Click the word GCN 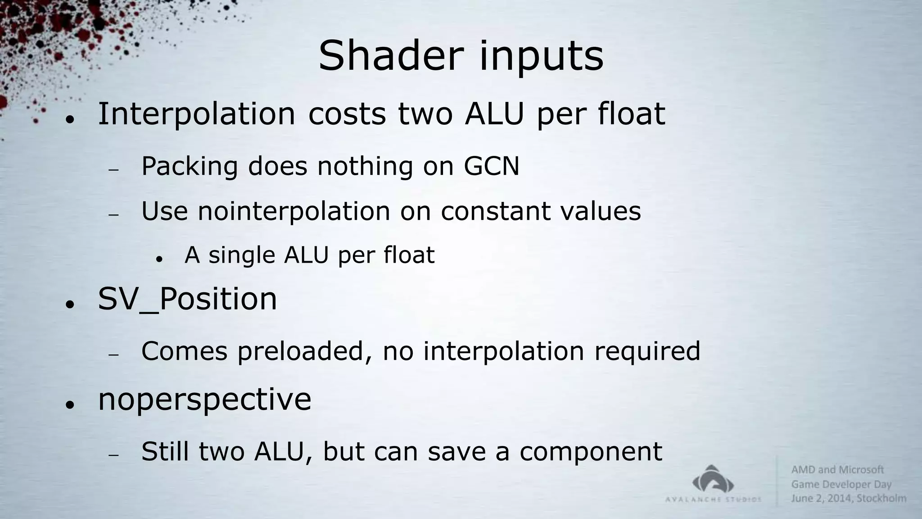pyautogui.click(x=492, y=166)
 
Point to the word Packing pyautogui.click(x=190, y=167)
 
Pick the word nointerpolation pyautogui.click(x=294, y=211)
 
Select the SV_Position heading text pyautogui.click(x=187, y=299)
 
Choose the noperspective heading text pyautogui.click(x=204, y=400)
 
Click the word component pyautogui.click(x=591, y=452)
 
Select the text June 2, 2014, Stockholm pyautogui.click(x=849, y=498)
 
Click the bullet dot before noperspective pyautogui.click(x=69, y=405)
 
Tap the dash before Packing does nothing pyautogui.click(x=113, y=170)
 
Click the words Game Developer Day pyautogui.click(x=841, y=484)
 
